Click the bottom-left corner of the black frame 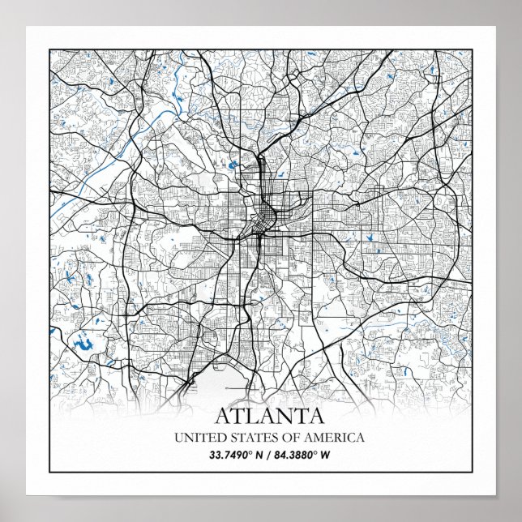[50, 471]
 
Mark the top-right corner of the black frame [471, 49]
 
